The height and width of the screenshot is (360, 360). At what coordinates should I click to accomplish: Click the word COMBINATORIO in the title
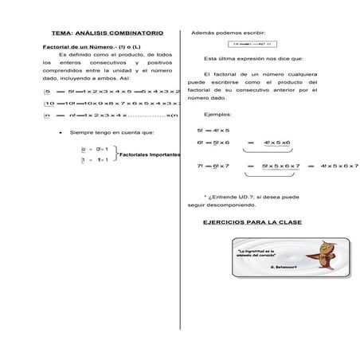(136, 33)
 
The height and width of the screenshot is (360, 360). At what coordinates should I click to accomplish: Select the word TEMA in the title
(61, 33)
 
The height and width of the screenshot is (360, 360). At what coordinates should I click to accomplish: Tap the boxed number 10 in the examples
(49, 103)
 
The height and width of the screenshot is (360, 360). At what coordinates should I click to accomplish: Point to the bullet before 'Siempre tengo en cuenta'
(61, 132)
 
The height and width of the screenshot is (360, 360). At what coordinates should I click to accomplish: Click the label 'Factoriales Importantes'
(150, 155)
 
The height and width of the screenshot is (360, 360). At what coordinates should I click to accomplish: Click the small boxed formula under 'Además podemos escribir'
(251, 45)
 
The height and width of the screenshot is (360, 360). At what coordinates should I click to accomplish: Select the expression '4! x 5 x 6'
(276, 142)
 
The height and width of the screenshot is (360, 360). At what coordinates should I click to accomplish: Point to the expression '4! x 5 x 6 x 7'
(338, 166)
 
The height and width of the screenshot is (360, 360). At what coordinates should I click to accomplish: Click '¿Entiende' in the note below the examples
(222, 195)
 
